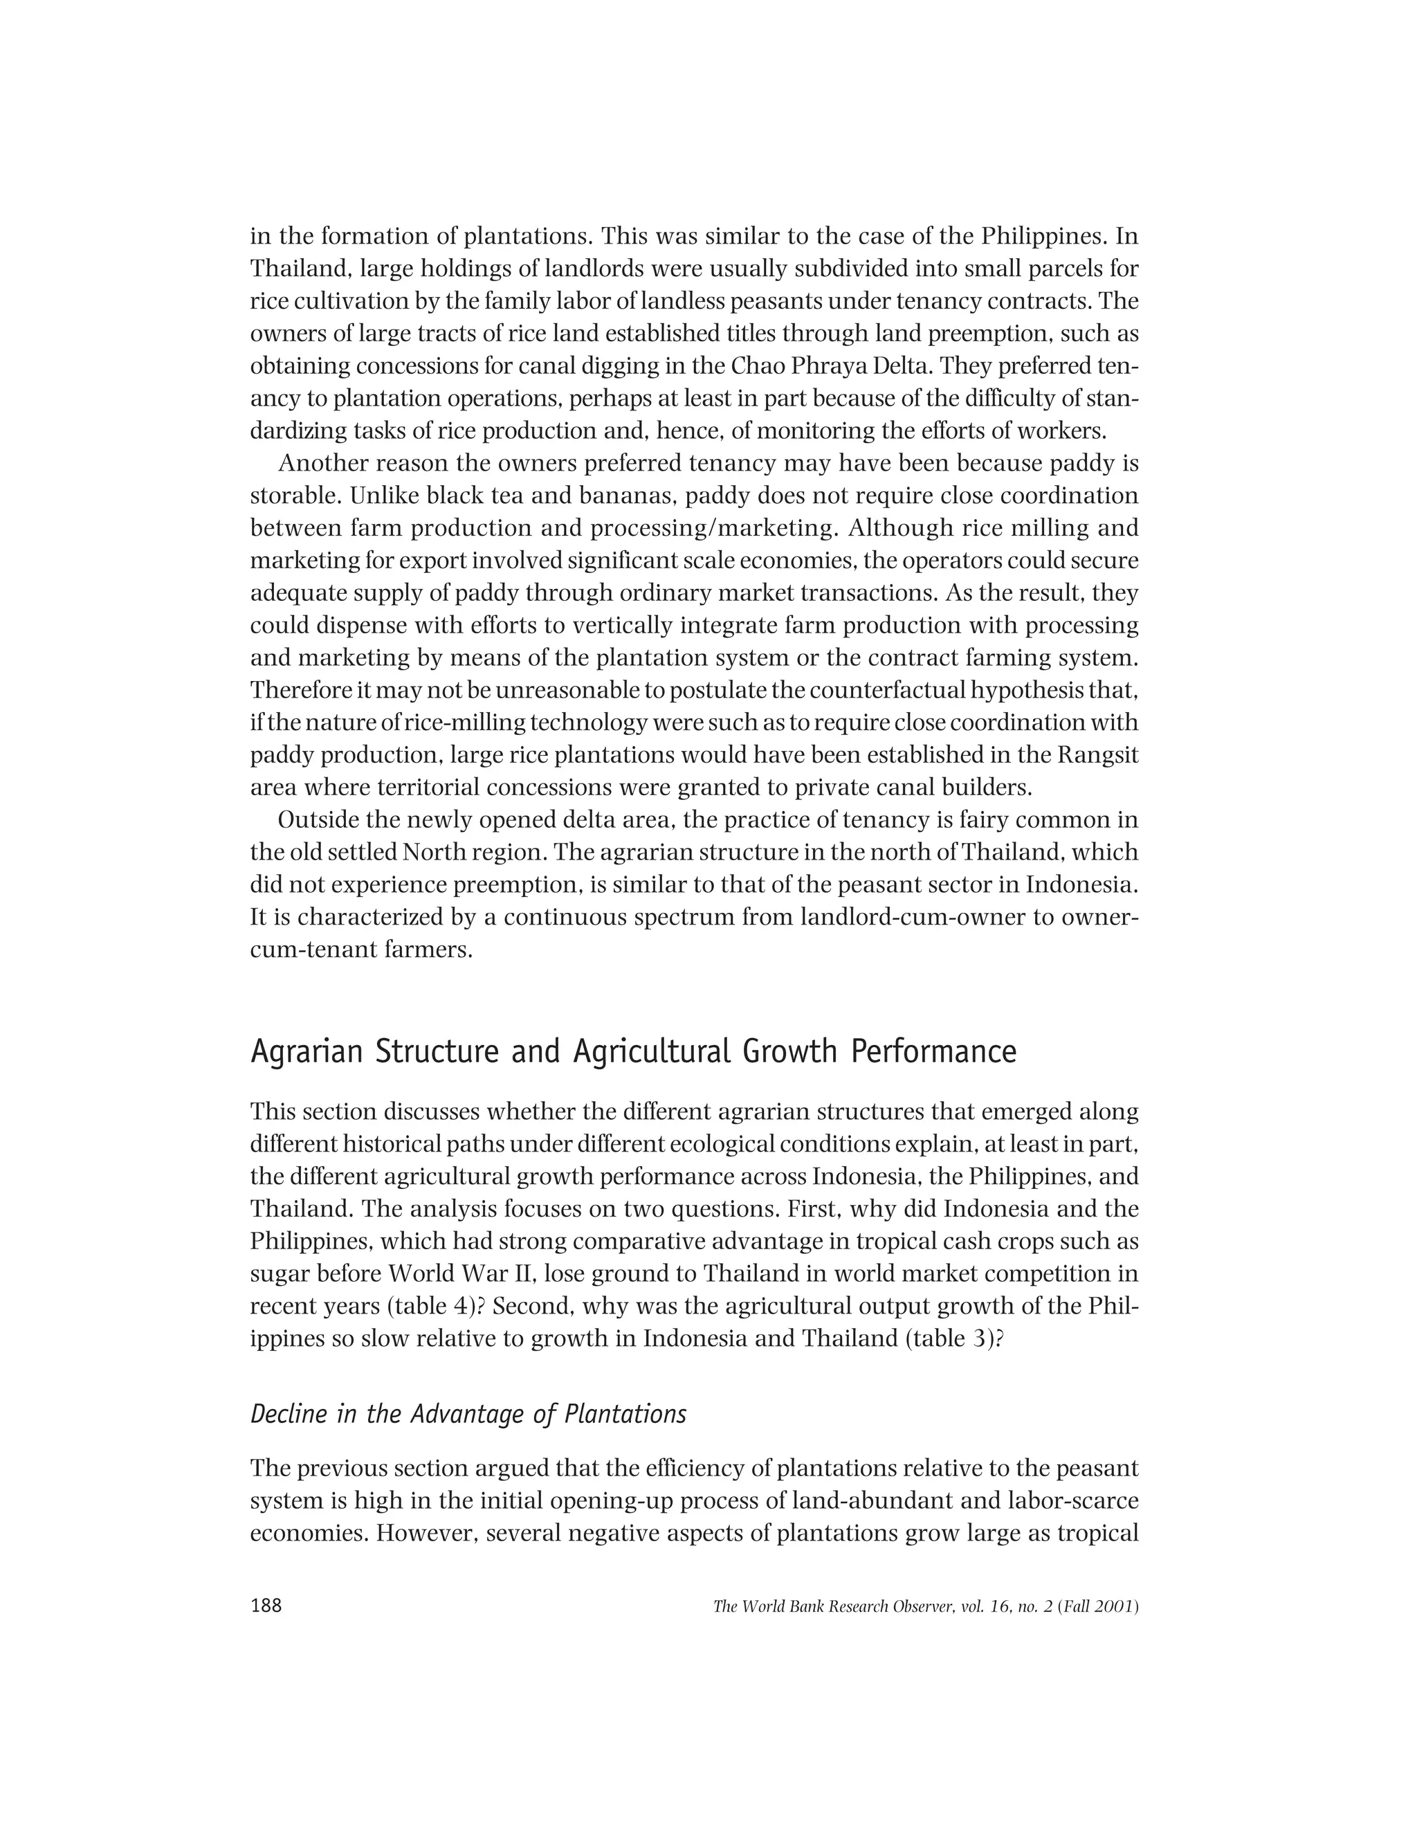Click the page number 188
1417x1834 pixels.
(x=266, y=1606)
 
